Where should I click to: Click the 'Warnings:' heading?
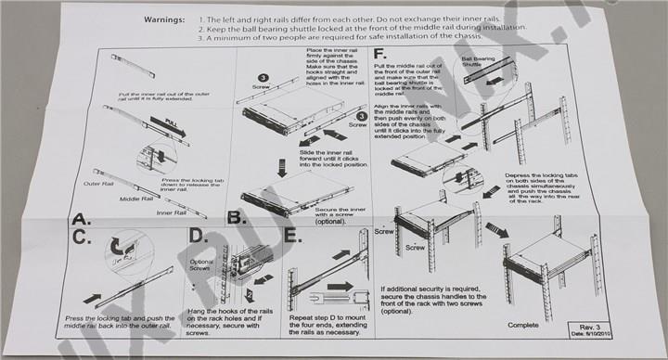[x=169, y=19]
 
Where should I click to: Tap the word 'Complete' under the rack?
[x=525, y=325]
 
